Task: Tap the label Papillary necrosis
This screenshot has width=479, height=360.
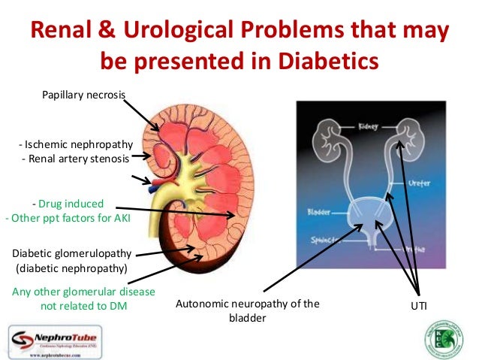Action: point(83,94)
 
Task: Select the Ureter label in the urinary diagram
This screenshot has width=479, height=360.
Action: point(420,182)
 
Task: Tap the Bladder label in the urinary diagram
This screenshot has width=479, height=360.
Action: point(319,213)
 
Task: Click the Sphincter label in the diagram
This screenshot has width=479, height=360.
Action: point(322,241)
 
